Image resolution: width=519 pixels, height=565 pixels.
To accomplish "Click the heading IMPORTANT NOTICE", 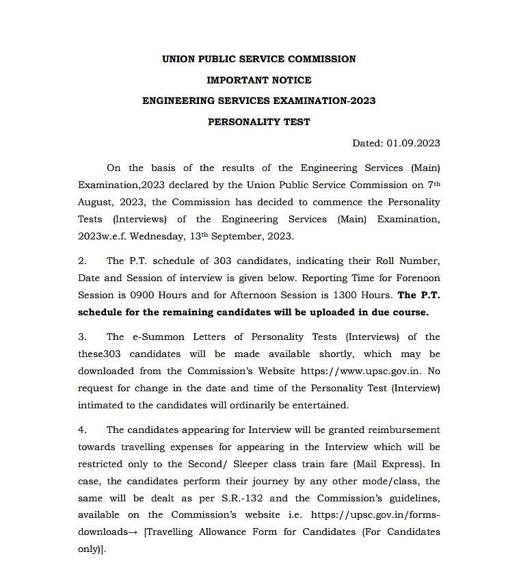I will pos(258,80).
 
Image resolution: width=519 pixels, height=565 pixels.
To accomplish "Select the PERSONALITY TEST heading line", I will pos(258,122).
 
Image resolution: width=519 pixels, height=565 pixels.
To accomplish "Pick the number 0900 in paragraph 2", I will pos(140,295).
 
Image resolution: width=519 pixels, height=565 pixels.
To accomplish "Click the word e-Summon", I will pos(152,337).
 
